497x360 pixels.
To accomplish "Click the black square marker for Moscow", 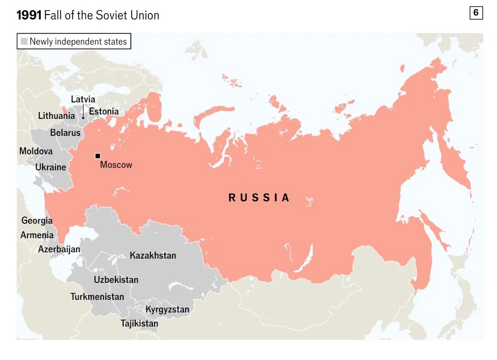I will point(97,156).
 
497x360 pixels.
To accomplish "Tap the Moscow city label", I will point(116,165).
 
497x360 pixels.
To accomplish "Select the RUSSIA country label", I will point(259,197).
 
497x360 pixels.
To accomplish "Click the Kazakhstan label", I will point(153,255).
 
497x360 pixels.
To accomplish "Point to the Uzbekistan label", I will point(116,279).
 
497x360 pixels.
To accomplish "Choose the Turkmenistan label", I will point(97,296).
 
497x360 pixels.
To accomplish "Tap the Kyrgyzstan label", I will point(167,309).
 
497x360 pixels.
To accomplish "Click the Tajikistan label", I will point(139,323).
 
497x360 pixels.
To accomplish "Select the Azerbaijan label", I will point(59,249).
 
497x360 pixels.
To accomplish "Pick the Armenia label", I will point(37,235).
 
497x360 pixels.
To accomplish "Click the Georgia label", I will point(37,220).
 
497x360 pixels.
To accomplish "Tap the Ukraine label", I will point(50,167).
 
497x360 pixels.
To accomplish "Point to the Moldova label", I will point(36,151).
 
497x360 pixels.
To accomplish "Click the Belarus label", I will point(65,132).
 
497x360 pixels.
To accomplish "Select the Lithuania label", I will point(56,115).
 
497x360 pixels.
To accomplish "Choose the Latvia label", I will point(83,99).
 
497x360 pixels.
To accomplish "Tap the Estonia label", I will point(104,112).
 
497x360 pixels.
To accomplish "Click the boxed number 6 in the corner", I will point(476,13).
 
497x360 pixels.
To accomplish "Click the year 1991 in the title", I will point(29,15).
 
